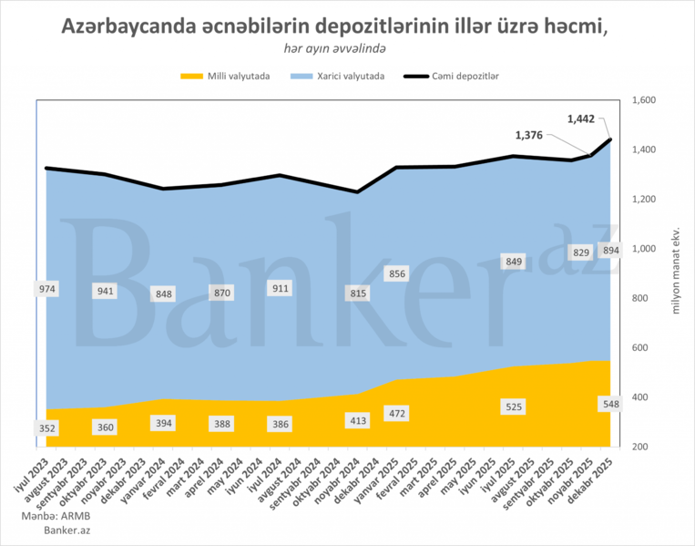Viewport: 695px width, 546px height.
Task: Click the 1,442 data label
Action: click(x=583, y=118)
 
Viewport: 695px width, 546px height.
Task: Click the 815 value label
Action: click(x=359, y=293)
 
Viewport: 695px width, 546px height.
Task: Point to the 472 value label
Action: click(x=397, y=414)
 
